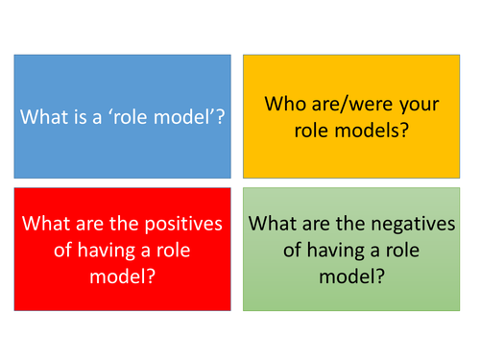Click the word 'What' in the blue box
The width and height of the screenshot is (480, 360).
tap(43, 116)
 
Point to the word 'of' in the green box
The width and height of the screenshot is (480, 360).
tap(269, 249)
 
